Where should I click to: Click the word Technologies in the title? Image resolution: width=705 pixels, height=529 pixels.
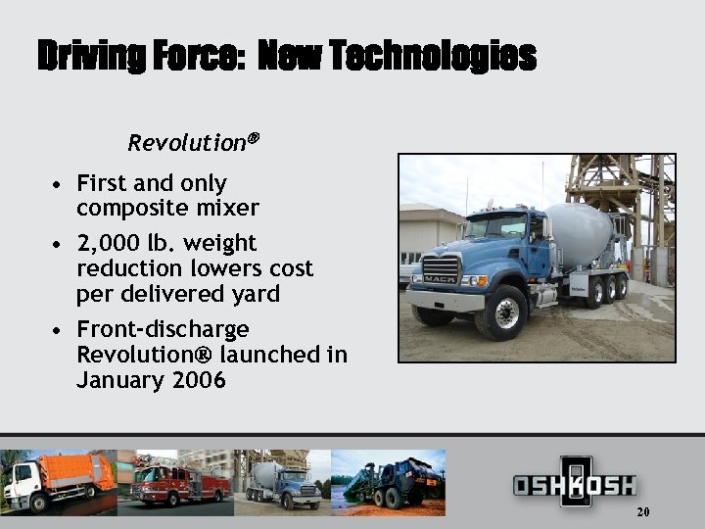point(433,56)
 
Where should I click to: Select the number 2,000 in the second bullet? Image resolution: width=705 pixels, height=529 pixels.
point(108,243)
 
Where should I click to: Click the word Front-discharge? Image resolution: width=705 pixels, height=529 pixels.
point(163,329)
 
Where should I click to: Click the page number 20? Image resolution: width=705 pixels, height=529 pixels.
point(642,512)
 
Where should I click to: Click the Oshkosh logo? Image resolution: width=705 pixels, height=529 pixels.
point(575,484)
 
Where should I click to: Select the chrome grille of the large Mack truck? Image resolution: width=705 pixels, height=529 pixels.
point(439,269)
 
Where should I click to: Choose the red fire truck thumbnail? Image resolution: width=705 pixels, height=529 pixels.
point(176,481)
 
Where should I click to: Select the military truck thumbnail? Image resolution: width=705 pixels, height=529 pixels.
point(392,481)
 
